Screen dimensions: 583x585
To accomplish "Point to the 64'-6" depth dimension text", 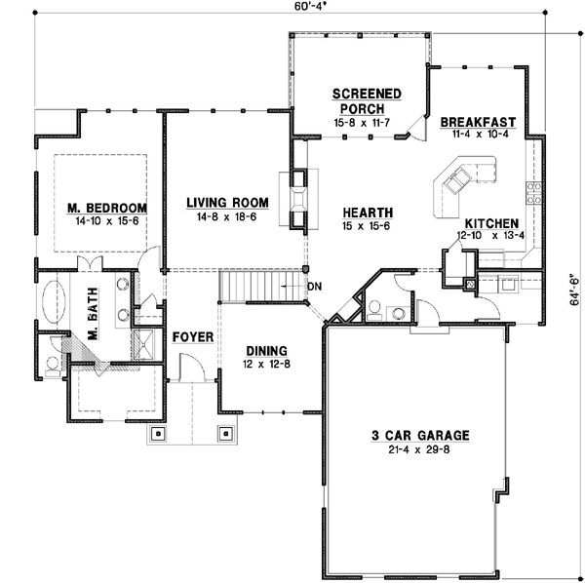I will coord(574,288).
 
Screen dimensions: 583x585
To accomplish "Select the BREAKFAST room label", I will coord(478,122).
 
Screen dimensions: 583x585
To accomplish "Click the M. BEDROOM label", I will coord(107,209).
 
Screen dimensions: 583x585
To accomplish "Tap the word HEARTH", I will coord(367,213).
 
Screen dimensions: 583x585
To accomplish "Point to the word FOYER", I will coord(193,336).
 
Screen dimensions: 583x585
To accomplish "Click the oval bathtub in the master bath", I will coord(55,303).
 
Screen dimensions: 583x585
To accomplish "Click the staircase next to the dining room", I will coord(255,288).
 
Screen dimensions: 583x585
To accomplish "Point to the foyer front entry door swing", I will coord(191,369).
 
